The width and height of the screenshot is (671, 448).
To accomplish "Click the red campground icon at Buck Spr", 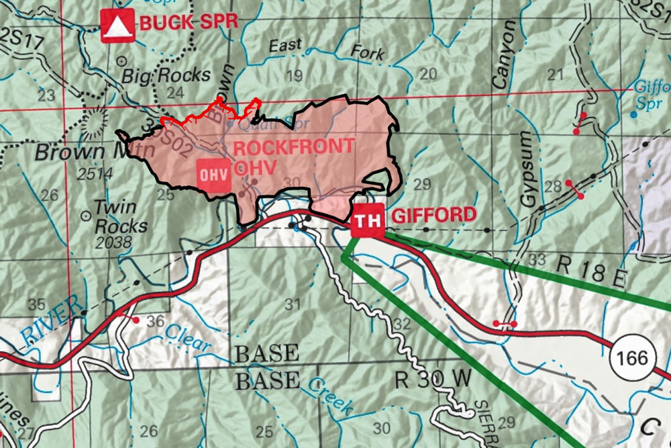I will point(117,26).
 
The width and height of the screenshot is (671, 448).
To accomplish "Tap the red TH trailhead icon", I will point(367,220).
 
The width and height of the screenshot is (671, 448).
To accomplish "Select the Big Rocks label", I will point(166,75).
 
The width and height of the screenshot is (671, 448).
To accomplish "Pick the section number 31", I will point(291,304).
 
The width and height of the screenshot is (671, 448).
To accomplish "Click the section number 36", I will point(155,322).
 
